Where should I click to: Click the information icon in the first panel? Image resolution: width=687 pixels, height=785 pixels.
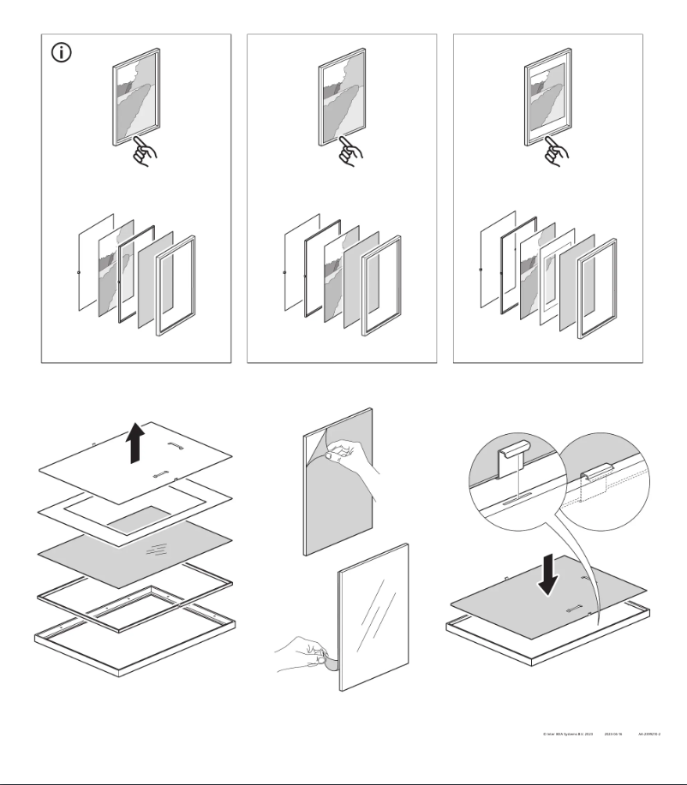[x=63, y=52]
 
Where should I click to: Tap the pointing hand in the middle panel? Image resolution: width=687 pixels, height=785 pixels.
[x=350, y=152]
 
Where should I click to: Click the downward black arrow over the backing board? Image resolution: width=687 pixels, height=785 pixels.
[x=547, y=574]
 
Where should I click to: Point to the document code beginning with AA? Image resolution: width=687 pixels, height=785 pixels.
[x=649, y=734]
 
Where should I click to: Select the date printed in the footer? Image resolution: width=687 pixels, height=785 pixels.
[x=612, y=734]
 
